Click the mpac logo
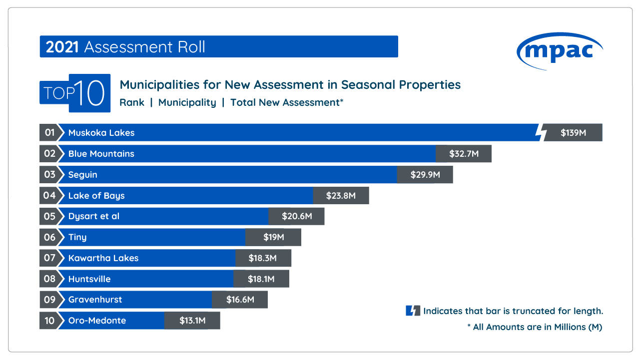(x=560, y=50)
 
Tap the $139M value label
(x=573, y=133)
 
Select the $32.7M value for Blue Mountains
(x=464, y=154)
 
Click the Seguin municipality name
(x=83, y=175)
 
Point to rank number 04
(x=49, y=195)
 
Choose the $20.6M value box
(x=297, y=216)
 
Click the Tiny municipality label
(x=77, y=237)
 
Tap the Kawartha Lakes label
(x=103, y=258)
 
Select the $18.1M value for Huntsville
(x=261, y=279)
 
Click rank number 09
(x=49, y=300)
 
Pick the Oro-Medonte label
(x=97, y=321)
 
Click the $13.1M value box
(x=192, y=321)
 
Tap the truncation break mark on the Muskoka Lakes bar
(x=540, y=133)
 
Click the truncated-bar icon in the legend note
(x=413, y=311)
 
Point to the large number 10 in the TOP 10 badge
(x=90, y=93)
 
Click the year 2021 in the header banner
(x=62, y=47)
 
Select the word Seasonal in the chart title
(x=366, y=84)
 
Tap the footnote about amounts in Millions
(x=535, y=327)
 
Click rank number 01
(x=49, y=133)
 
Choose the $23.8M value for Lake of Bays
(x=341, y=196)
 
